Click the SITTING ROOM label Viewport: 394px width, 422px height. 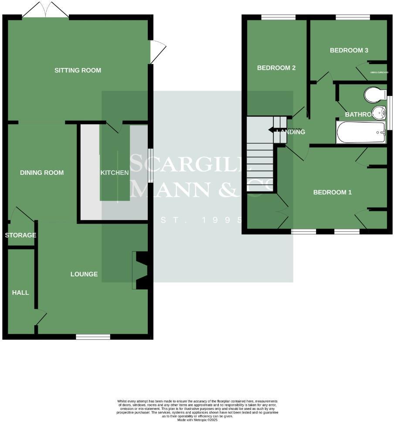click(78, 70)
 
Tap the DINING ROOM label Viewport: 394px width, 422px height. click(42, 173)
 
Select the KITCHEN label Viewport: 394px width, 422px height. click(115, 173)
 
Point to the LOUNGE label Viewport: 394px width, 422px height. click(84, 274)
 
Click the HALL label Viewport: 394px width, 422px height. click(20, 293)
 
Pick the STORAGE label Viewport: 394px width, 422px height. click(20, 235)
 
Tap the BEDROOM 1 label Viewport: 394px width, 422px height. click(332, 192)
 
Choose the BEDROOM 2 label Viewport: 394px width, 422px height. click(276, 68)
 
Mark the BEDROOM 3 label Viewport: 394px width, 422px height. click(349, 51)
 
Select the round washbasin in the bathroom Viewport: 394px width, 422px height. click(379, 112)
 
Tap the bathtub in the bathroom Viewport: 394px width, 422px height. click(361, 133)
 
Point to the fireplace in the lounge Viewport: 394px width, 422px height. click(141, 270)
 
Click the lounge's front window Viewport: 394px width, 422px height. click(93, 337)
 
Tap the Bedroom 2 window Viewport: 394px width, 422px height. click(278, 17)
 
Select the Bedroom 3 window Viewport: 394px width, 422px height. click(353, 17)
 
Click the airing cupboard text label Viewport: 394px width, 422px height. click(379, 72)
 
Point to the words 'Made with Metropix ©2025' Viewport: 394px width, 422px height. click(197, 420)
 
